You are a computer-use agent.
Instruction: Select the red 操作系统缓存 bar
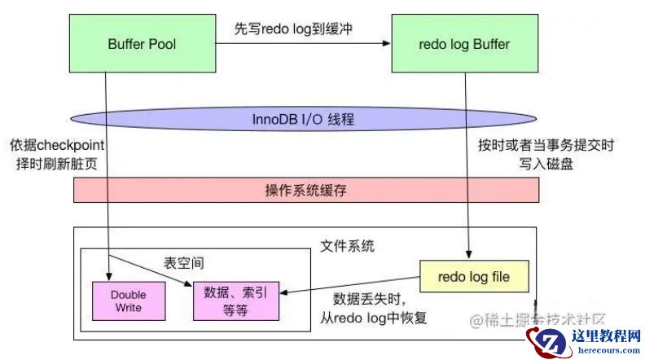coord(306,190)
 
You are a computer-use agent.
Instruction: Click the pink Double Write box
coord(128,301)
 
